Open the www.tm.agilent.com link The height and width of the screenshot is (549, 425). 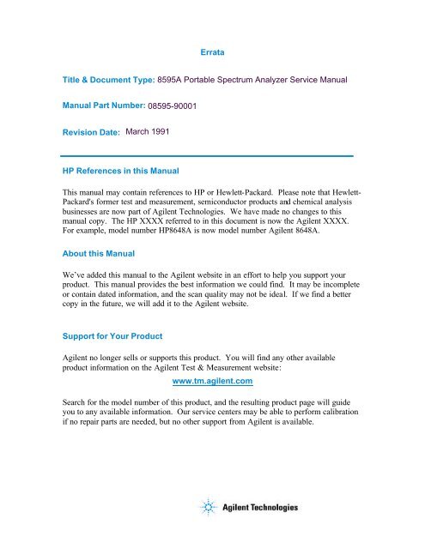[x=211, y=402]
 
